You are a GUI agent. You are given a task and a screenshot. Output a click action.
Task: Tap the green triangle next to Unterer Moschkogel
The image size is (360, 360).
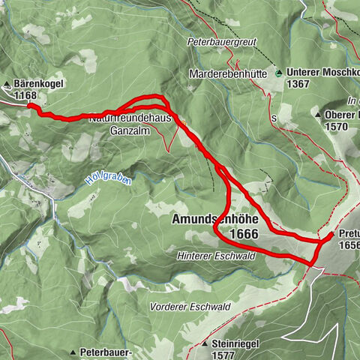point(279,73)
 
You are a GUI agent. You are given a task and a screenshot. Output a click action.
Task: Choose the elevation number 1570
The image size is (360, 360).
point(337,127)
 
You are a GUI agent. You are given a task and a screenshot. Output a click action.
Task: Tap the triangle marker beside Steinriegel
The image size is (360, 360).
point(205,343)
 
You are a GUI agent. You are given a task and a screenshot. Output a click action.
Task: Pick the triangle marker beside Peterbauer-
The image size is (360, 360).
point(73,351)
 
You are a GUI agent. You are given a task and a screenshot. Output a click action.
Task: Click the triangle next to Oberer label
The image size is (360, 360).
point(319,115)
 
